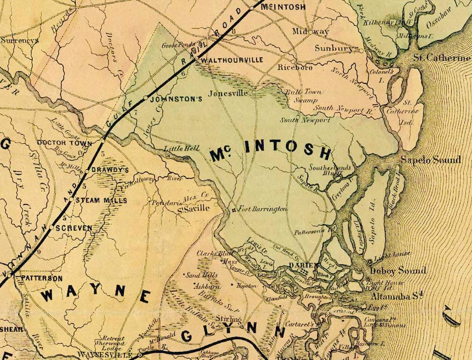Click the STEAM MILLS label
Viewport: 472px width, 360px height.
(102, 200)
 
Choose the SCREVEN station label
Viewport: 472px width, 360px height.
(75, 228)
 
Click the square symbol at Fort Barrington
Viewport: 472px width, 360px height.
(233, 210)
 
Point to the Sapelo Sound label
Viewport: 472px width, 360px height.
(431, 160)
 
